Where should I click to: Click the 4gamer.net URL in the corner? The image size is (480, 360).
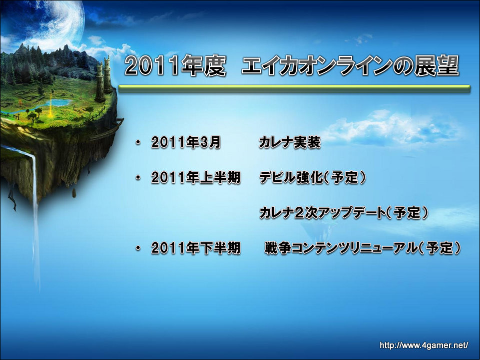(424, 346)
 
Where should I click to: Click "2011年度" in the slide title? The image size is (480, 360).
(175, 65)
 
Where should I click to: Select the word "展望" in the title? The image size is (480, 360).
(437, 65)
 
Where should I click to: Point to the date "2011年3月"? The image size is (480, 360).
(186, 142)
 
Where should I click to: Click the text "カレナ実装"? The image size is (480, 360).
(290, 142)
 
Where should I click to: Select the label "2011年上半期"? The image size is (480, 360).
(196, 178)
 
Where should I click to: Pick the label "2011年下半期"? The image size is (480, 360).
(196, 248)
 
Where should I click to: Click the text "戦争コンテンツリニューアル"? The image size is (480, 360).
(341, 248)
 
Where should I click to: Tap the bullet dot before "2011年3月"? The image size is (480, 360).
(138, 142)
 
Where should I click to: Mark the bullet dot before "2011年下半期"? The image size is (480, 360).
(138, 248)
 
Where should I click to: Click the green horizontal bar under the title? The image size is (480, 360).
(294, 89)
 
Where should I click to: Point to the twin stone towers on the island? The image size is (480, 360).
(103, 78)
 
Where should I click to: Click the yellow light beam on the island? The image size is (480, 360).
(50, 102)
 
